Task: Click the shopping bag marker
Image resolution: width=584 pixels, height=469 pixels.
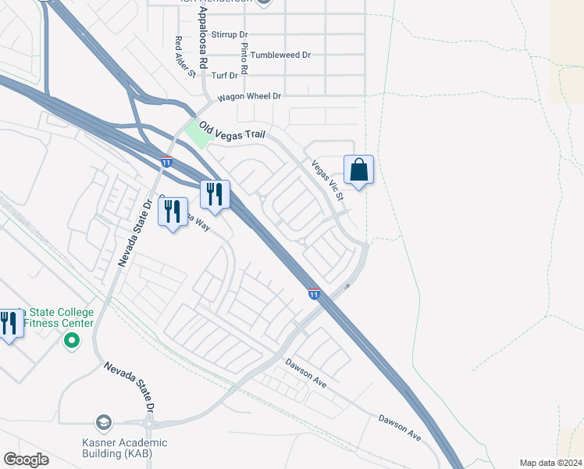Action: [358, 170]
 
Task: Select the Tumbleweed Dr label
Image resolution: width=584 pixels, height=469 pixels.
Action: [280, 55]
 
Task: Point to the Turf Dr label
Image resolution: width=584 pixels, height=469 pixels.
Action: [225, 75]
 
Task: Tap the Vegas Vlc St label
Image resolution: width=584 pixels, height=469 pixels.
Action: [328, 180]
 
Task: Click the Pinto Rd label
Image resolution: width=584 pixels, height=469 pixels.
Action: [244, 58]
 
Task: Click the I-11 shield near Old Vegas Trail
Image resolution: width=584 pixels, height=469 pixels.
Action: [166, 161]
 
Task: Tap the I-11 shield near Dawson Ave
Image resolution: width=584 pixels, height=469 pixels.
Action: [313, 294]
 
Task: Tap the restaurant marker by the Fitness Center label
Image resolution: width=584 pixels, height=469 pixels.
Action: [9, 322]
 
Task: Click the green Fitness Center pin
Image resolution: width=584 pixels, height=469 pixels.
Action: [72, 340]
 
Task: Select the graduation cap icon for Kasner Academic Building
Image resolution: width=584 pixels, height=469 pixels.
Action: [103, 423]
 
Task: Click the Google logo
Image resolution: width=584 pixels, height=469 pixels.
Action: [26, 460]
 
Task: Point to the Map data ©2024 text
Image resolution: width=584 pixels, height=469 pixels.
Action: [550, 463]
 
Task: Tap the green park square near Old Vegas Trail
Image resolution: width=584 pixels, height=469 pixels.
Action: [198, 133]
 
